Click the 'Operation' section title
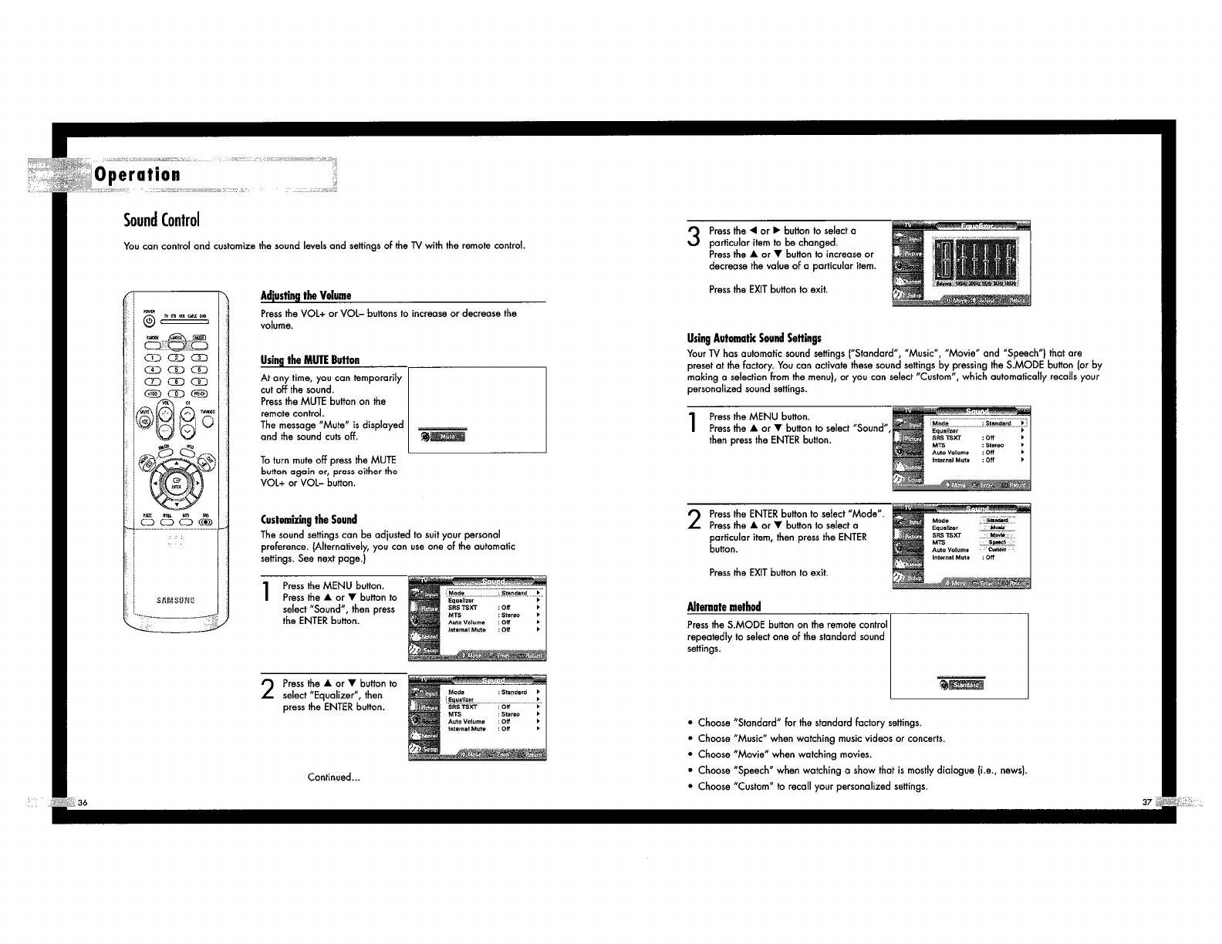pos(137,174)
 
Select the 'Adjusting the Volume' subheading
pos(305,296)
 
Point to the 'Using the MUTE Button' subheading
pos(310,360)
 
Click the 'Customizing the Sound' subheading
pos(309,519)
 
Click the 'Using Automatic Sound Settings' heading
pos(754,338)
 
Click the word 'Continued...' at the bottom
pos(333,777)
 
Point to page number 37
pos(1146,802)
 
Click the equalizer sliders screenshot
pos(960,263)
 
